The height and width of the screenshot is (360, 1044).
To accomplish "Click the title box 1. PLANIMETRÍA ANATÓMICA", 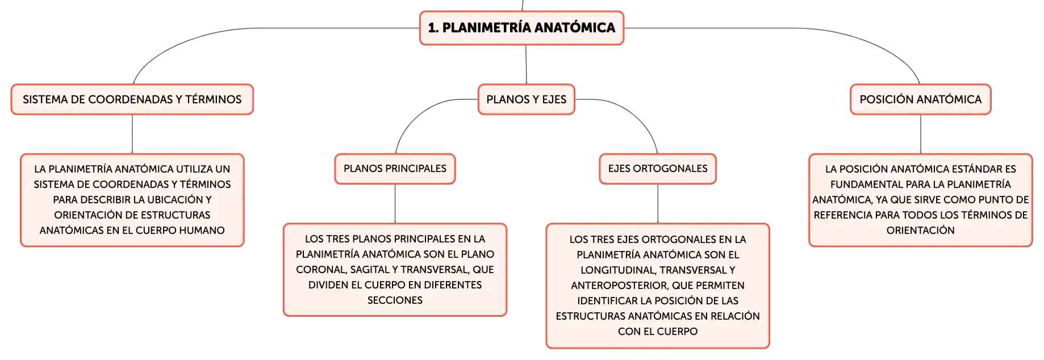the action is click(521, 28).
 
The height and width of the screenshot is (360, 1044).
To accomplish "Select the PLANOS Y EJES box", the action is click(527, 99).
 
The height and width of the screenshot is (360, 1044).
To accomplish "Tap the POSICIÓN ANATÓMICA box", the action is click(920, 99).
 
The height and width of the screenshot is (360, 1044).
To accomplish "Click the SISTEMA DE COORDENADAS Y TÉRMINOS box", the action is click(132, 99).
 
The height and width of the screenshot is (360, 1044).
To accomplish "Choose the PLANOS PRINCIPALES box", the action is click(395, 169).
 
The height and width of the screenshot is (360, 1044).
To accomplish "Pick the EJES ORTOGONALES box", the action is click(658, 169).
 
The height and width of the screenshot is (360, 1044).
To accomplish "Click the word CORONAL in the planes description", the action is click(320, 270).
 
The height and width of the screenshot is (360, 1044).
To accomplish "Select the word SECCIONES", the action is click(395, 300).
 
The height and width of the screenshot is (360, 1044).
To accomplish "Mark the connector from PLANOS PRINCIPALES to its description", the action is click(395, 204).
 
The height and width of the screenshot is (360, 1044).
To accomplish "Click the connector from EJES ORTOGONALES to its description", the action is click(658, 204).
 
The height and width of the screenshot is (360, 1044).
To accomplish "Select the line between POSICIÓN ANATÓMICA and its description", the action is click(921, 134).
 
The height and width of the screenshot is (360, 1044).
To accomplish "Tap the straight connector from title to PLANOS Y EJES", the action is click(526, 65).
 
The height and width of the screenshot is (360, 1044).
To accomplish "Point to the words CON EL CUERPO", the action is click(658, 332).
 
